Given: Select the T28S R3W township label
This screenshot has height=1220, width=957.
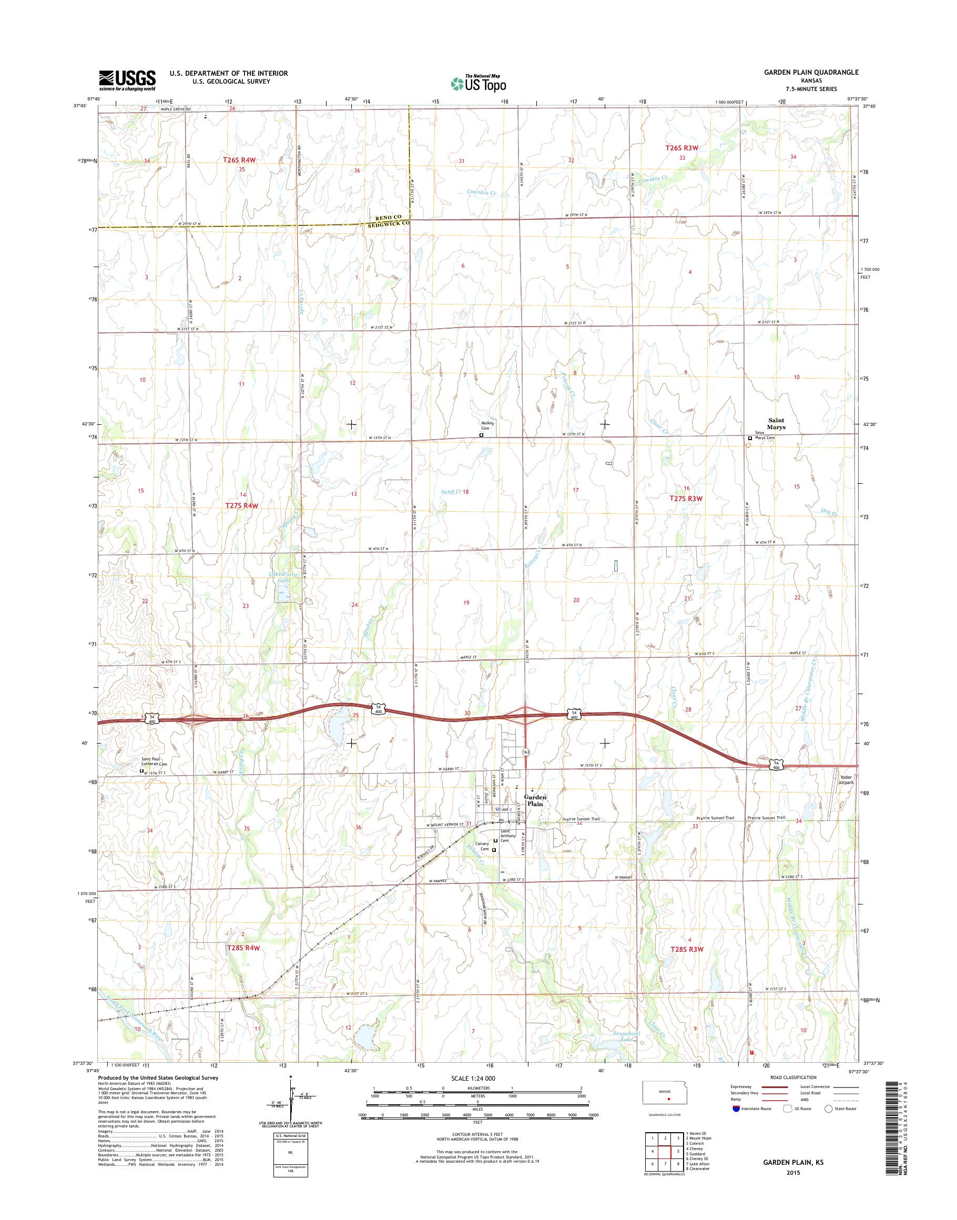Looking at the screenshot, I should tap(686, 949).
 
